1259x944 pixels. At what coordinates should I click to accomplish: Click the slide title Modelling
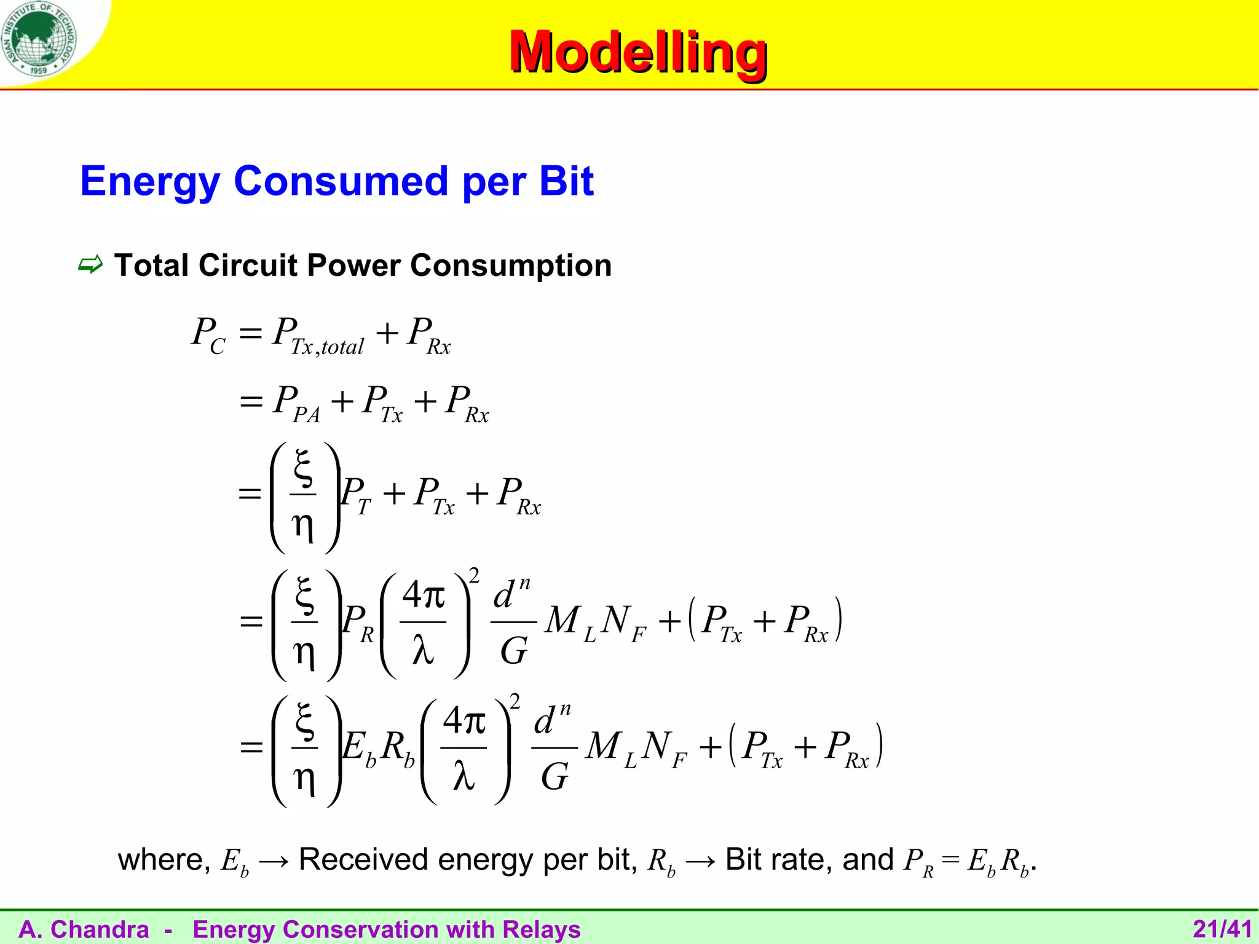click(x=637, y=52)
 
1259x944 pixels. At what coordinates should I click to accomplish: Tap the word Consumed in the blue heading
click(x=341, y=182)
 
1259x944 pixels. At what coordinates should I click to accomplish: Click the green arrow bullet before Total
click(x=90, y=265)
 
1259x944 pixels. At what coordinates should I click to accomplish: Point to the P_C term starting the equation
click(x=208, y=334)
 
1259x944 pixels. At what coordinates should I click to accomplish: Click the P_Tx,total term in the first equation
click(x=318, y=336)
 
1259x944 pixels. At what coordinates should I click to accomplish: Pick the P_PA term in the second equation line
click(x=296, y=404)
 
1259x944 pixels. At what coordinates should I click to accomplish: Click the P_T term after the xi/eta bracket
click(x=355, y=495)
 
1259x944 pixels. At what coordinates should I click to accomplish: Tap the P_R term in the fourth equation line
click(x=358, y=622)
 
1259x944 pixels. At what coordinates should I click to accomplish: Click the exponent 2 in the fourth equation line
click(x=474, y=576)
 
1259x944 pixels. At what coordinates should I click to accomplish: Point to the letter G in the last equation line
click(x=555, y=777)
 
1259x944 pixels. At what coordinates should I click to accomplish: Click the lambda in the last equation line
click(x=464, y=775)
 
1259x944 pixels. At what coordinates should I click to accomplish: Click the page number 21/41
click(x=1222, y=929)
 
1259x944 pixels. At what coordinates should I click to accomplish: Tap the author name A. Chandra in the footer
click(x=84, y=929)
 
